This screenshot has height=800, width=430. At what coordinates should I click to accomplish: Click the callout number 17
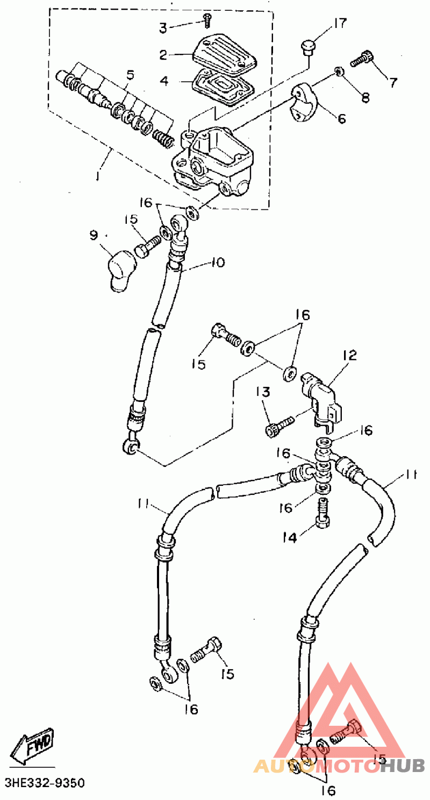[x=340, y=24]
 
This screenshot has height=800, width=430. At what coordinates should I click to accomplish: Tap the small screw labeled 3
[x=207, y=20]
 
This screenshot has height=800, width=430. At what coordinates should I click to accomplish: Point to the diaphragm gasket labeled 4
[x=223, y=88]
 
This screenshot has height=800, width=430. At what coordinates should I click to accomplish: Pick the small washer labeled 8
[x=339, y=71]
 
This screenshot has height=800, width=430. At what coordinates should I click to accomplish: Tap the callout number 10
[x=218, y=263]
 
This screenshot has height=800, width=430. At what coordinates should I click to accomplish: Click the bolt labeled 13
[x=279, y=426]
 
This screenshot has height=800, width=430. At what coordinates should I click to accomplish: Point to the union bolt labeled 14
[x=322, y=511]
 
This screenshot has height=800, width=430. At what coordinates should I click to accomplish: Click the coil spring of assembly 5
[x=163, y=139]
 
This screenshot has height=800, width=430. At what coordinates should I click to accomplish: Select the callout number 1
[x=98, y=176]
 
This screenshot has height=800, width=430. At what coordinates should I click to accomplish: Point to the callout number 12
[x=350, y=356]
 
